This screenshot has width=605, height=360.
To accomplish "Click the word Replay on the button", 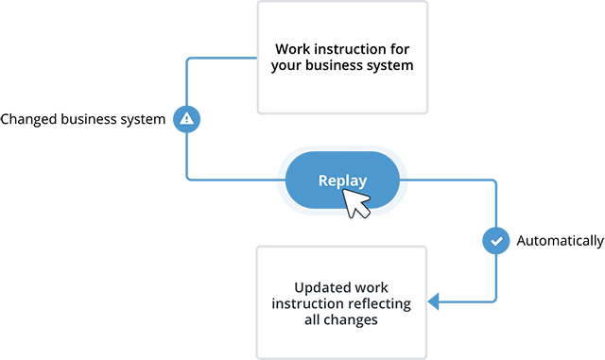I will point(342,180).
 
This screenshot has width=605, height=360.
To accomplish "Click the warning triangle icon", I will point(186,119).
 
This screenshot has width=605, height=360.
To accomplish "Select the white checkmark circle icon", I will point(496,241).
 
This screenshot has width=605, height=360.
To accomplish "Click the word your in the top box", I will point(285,66).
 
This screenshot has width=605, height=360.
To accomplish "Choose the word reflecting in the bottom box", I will point(377,303).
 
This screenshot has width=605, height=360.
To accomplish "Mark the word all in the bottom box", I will point(319,320).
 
